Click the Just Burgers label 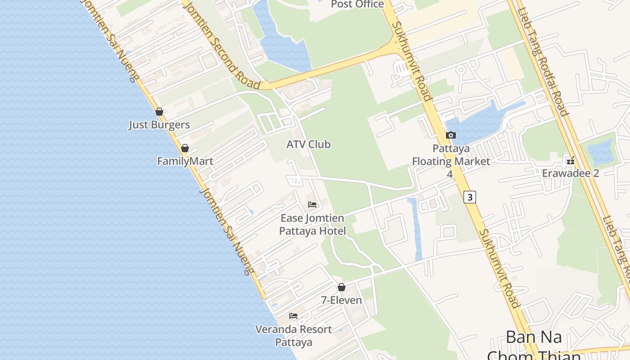(x=159, y=125)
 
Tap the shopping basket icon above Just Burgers (x=159, y=112)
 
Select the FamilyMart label (x=185, y=161)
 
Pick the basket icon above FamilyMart (x=184, y=148)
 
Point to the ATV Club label (x=309, y=144)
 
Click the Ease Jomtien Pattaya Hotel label (x=312, y=225)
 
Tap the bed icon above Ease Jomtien (x=312, y=205)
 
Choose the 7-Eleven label (x=342, y=300)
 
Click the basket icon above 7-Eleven (x=342, y=287)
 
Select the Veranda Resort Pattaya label (x=293, y=336)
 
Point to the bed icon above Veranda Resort (x=293, y=316)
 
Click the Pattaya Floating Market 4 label (x=451, y=161)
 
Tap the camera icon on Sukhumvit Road (x=450, y=135)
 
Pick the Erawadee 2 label (x=571, y=173)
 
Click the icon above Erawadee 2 (x=571, y=160)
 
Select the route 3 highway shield (x=470, y=197)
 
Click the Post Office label (x=357, y=4)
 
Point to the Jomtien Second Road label (x=222, y=45)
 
